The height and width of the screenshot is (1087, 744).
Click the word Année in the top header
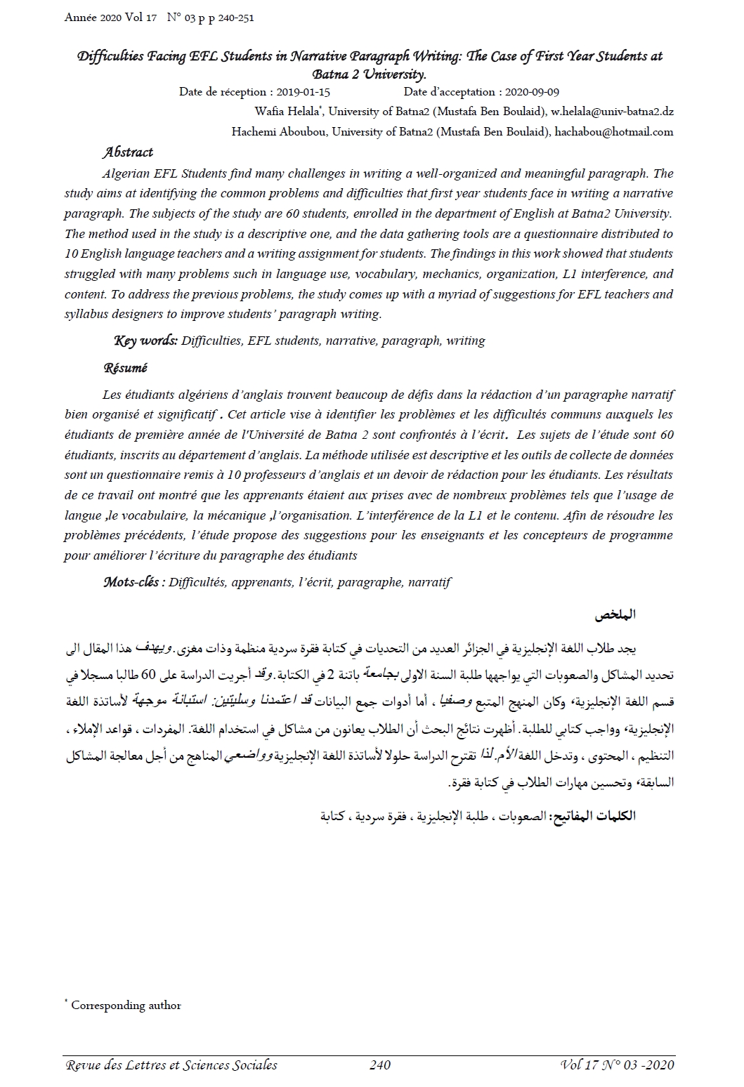click(81, 18)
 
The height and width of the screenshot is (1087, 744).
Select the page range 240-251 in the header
click(236, 18)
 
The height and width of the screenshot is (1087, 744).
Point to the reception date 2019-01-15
click(303, 92)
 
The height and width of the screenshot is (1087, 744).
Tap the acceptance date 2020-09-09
click(532, 92)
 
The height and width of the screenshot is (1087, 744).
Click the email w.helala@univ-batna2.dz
click(612, 112)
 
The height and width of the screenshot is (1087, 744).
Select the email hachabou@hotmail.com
click(614, 132)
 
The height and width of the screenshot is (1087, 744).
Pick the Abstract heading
click(128, 152)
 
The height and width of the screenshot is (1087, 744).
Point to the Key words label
click(145, 341)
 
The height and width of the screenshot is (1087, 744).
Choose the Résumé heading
click(126, 368)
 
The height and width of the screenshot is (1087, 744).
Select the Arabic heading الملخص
click(615, 615)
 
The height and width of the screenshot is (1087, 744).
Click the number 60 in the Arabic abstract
click(148, 676)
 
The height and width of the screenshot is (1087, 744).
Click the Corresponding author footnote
click(126, 1006)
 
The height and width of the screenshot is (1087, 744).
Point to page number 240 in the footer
click(380, 1065)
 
